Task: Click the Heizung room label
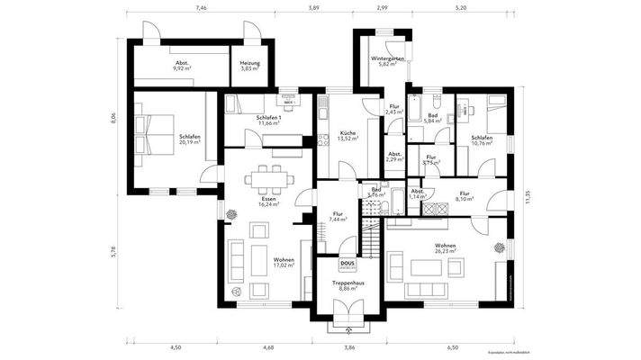point(248,61)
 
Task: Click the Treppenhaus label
point(348,283)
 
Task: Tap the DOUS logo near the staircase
point(348,264)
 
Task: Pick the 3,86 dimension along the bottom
point(348,346)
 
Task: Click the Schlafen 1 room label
point(268,117)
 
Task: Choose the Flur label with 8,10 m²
point(465,193)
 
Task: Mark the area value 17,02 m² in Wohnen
point(284,266)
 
